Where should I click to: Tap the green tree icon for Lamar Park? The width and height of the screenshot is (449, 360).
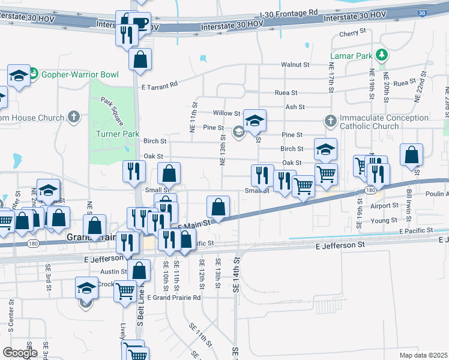381,56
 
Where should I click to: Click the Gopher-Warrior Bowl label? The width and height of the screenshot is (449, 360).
79,74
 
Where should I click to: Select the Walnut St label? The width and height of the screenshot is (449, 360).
295,64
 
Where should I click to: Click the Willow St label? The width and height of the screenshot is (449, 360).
226,113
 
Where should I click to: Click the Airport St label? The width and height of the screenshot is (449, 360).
384,205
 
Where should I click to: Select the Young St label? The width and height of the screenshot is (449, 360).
384,220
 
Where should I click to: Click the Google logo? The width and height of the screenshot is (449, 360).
20,353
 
